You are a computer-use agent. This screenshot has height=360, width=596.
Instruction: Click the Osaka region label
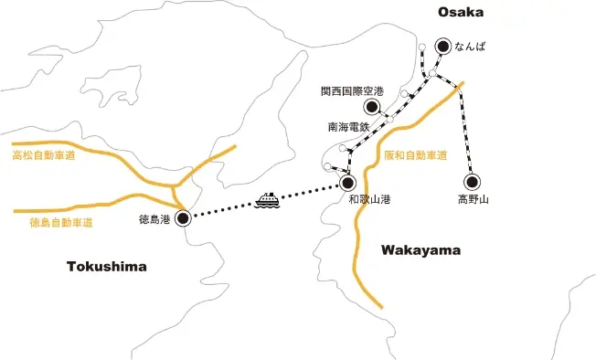[461, 12]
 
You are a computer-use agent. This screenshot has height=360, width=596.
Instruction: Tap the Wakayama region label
[420, 249]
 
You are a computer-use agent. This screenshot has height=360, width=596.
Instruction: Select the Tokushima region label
[107, 266]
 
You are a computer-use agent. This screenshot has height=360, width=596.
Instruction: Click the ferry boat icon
[268, 200]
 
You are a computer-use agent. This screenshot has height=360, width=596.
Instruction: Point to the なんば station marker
[443, 44]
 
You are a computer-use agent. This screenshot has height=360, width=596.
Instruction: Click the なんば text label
[472, 44]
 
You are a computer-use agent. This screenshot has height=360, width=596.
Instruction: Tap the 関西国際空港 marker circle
[373, 107]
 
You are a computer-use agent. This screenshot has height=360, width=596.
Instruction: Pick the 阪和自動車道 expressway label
[415, 155]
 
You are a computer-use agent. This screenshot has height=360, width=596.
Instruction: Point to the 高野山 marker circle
[472, 181]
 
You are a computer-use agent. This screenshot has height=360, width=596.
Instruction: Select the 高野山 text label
[473, 198]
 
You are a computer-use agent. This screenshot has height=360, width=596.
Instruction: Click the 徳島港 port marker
[183, 217]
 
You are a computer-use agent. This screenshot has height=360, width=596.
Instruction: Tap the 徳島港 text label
[153, 219]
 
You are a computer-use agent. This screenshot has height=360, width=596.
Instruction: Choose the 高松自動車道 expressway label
[43, 156]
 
